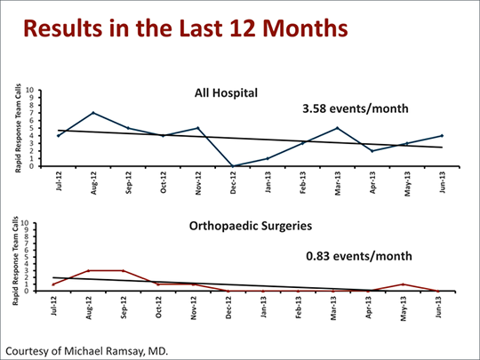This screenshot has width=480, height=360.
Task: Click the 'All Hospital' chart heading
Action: click(x=227, y=92)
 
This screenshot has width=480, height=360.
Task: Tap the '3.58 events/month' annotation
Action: click(x=356, y=109)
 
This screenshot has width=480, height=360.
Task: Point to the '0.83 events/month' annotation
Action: click(x=359, y=256)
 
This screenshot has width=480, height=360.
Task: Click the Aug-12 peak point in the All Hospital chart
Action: click(x=92, y=113)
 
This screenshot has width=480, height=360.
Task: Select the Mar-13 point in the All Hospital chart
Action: click(x=337, y=128)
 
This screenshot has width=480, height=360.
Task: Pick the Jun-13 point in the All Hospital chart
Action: click(x=441, y=136)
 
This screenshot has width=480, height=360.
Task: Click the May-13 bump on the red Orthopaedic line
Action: click(x=405, y=284)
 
